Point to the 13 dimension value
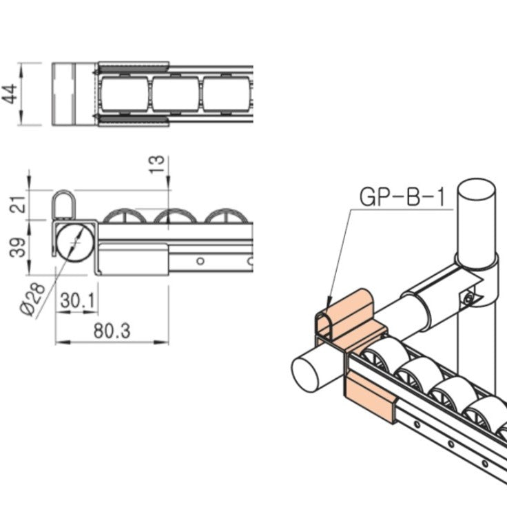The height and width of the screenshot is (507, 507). tap(158, 163)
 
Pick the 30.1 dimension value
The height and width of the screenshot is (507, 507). tap(77, 300)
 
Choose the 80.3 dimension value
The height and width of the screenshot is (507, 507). tap(112, 331)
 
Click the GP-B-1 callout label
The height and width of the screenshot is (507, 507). tap(402, 197)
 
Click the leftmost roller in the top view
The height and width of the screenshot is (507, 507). tap(124, 94)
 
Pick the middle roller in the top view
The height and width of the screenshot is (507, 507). tap(175, 94)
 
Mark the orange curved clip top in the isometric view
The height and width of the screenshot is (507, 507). tap(351, 310)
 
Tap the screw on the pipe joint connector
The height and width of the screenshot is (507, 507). tap(470, 298)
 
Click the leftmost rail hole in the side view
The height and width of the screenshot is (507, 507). tap(200, 261)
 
